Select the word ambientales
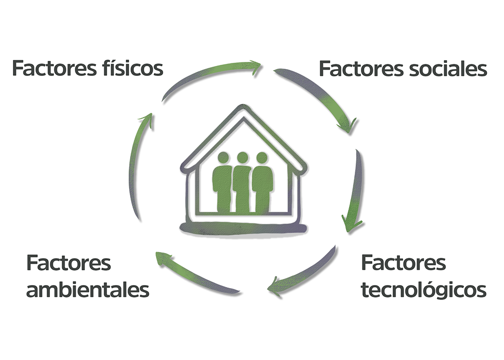coord(88,290)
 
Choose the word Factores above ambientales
coord(69,263)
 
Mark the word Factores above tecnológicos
coord(403,263)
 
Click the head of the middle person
coord(242,157)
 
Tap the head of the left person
coord(223,157)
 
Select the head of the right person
coord(262,157)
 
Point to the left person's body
coord(222,187)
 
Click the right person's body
coord(263,187)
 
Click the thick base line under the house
coord(243,228)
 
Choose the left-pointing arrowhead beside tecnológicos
coord(275,288)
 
